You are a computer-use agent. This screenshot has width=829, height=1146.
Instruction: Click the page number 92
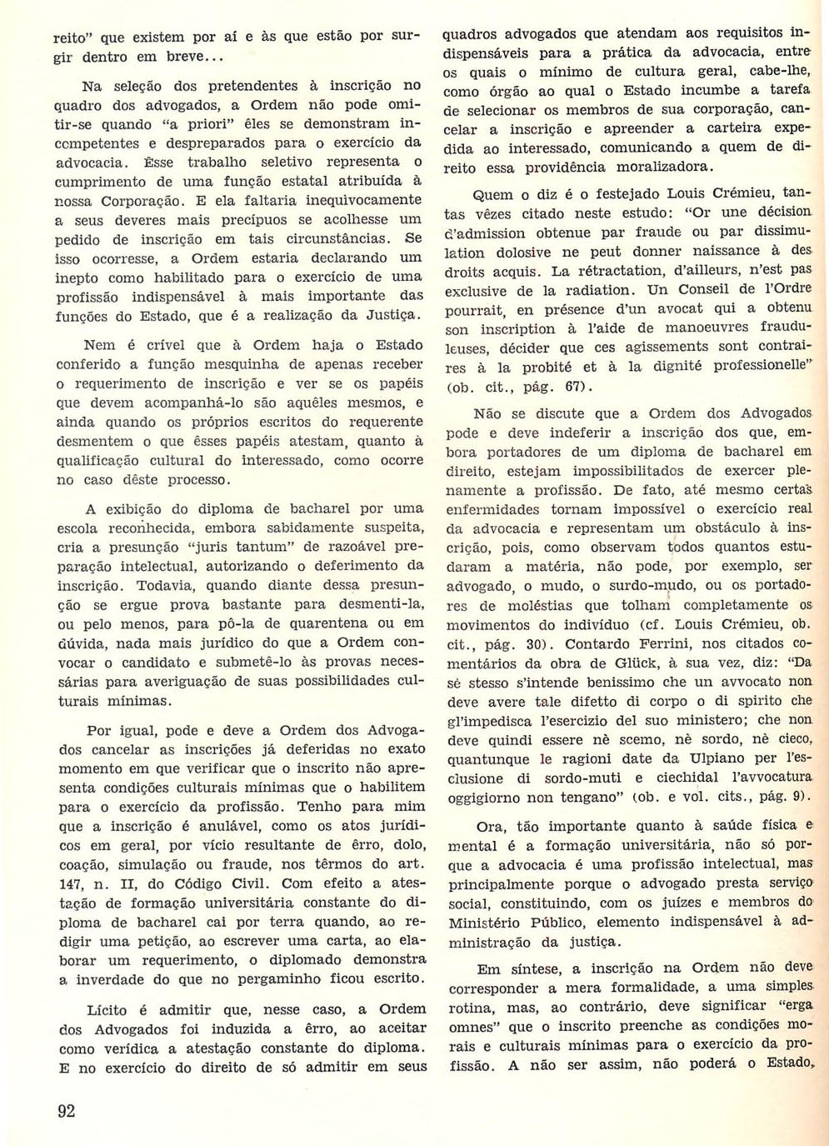pyautogui.click(x=66, y=1110)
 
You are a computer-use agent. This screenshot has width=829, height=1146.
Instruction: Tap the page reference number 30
pyautogui.click(x=534, y=643)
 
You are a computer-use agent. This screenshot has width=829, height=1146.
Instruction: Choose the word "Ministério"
pyautogui.click(x=490, y=923)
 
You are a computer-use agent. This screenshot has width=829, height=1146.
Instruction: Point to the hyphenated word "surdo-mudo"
pyautogui.click(x=645, y=585)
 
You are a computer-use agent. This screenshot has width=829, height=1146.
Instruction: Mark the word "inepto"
pyautogui.click(x=77, y=278)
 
